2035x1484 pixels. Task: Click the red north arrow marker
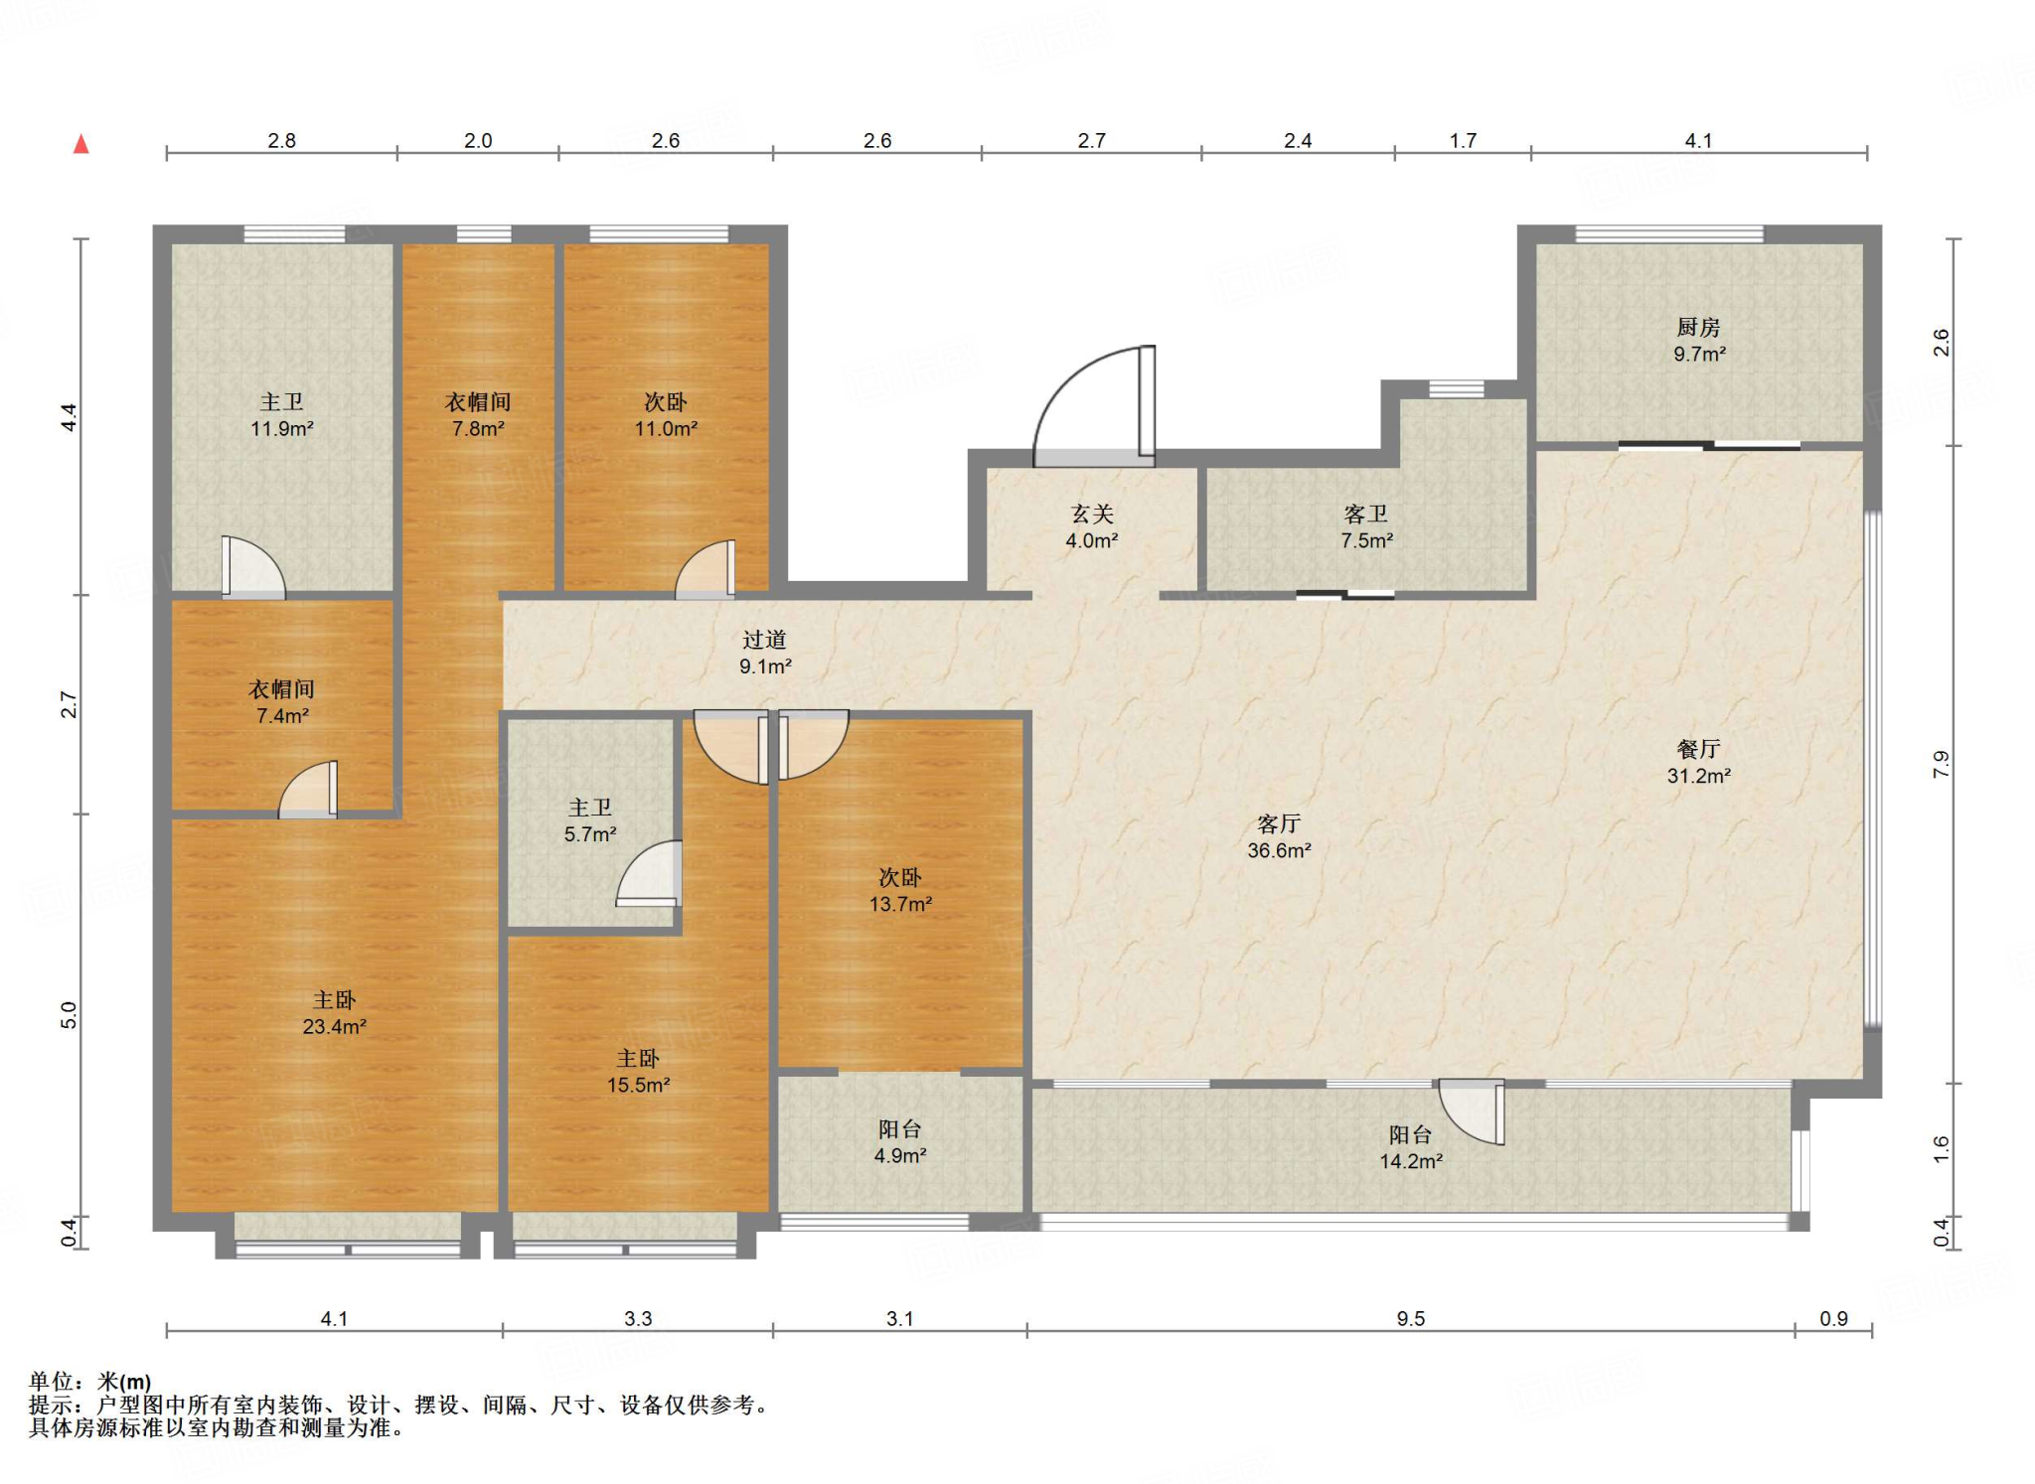[81, 145]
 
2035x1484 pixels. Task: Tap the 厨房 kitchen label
[1698, 327]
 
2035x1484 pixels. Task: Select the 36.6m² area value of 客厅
[1279, 851]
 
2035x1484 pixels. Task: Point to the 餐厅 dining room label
[1698, 749]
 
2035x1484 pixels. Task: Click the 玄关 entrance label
[1092, 515]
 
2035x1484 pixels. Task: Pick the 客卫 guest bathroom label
[1366, 515]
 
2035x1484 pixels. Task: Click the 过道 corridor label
[764, 641]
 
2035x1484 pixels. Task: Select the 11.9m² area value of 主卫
[282, 429]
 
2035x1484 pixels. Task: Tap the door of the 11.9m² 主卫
[252, 568]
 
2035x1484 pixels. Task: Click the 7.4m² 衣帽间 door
[308, 790]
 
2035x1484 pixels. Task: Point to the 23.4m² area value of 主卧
[335, 1027]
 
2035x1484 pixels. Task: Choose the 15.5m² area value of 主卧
[639, 1086]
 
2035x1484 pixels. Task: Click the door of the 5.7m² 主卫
[649, 874]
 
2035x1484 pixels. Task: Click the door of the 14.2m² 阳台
[1472, 1112]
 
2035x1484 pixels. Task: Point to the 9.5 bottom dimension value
[1411, 1319]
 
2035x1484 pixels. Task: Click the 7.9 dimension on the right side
[1942, 764]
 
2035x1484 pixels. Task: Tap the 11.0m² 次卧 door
[705, 570]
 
